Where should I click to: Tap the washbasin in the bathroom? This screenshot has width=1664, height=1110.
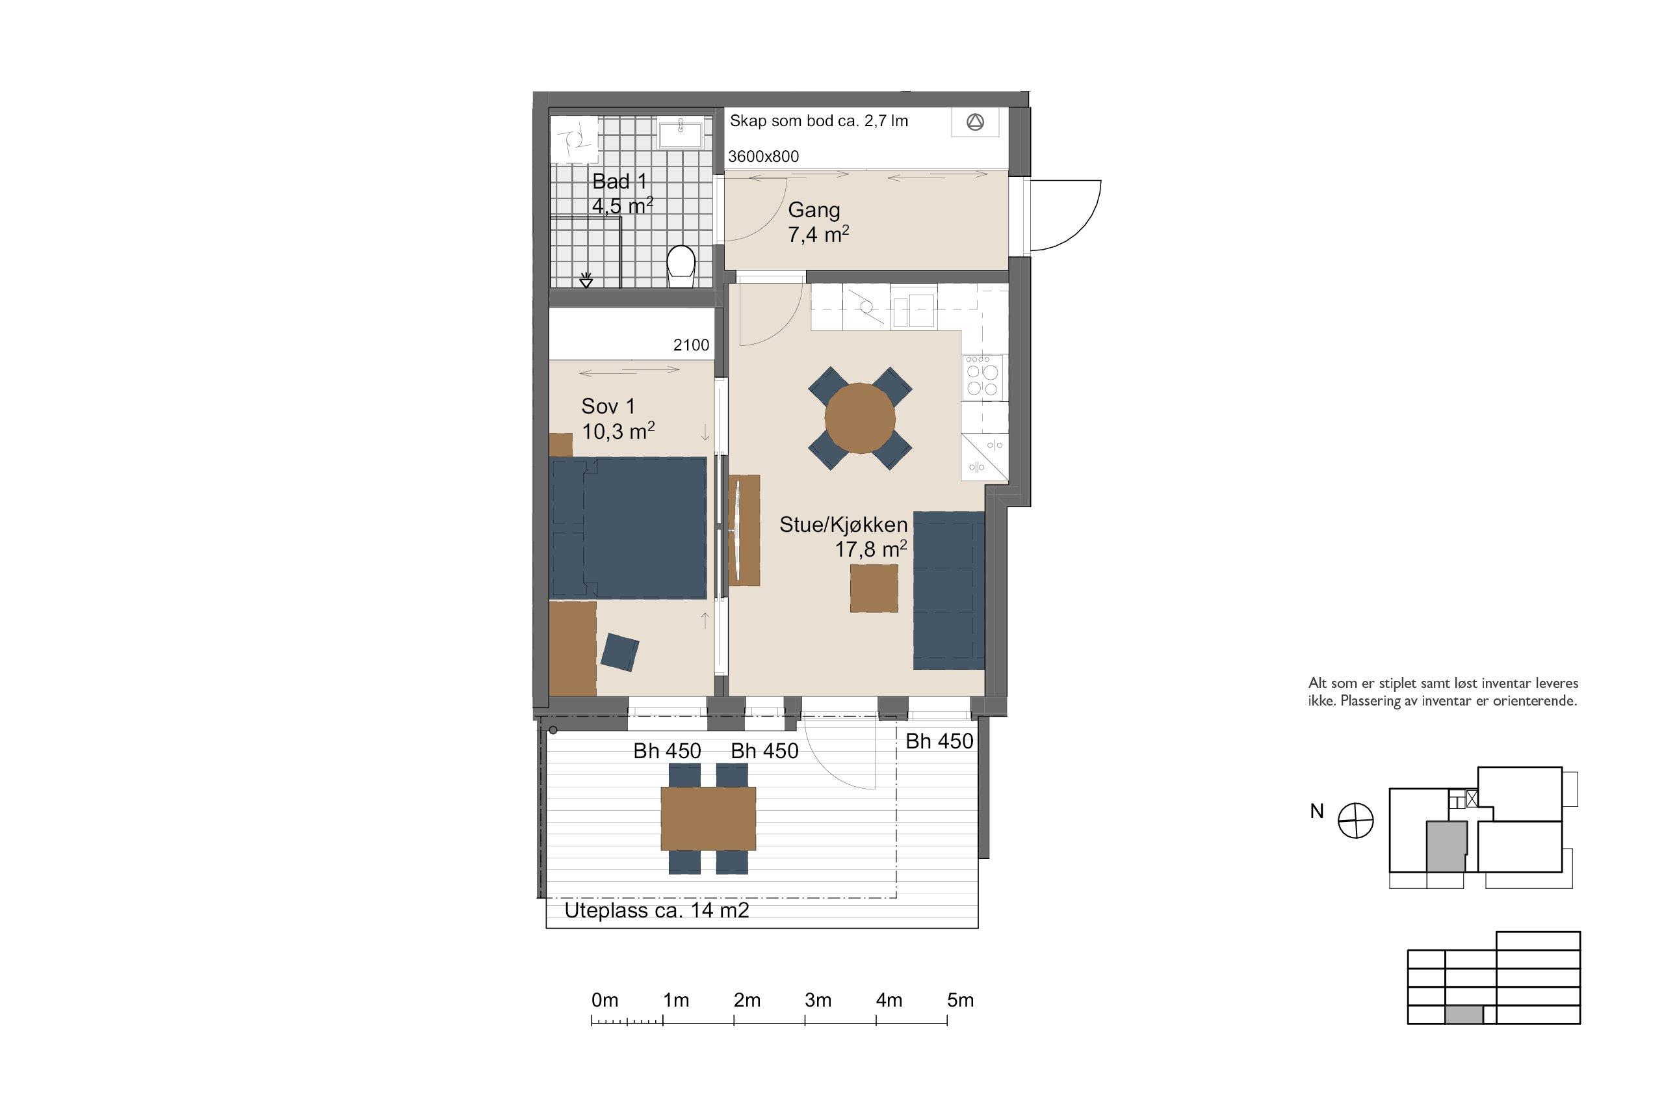tap(681, 134)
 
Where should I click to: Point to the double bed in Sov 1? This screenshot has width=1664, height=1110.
tap(629, 528)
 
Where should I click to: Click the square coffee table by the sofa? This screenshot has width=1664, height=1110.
tap(874, 588)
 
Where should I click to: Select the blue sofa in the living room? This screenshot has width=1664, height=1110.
tap(949, 590)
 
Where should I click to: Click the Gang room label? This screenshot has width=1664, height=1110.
tap(814, 210)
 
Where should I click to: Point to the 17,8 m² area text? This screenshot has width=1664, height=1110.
tap(871, 548)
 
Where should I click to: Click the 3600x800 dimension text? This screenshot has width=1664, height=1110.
tap(763, 157)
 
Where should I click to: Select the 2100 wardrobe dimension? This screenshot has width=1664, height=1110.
tap(691, 345)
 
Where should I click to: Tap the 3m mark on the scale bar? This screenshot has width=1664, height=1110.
tap(818, 1000)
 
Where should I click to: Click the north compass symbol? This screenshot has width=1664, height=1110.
tap(1355, 822)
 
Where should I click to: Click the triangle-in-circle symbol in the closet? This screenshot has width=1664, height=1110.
tap(975, 122)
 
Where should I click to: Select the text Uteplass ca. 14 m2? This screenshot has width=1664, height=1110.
tap(656, 910)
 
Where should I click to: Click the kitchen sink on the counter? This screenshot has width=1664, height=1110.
tap(913, 312)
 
